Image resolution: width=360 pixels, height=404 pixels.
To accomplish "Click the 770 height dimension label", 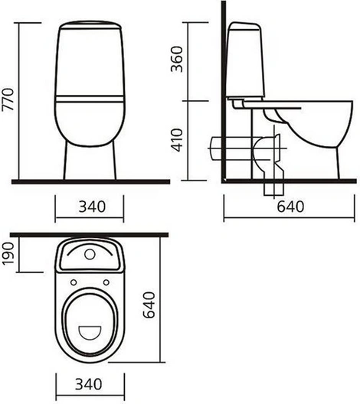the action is pyautogui.click(x=8, y=99).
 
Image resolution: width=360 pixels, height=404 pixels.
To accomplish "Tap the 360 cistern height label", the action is pyautogui.click(x=177, y=59).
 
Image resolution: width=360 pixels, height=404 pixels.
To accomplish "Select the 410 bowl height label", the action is pyautogui.click(x=177, y=140).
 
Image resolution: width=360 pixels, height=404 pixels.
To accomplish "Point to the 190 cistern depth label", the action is pyautogui.click(x=8, y=253).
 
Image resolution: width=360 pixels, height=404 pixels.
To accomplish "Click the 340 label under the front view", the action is pyautogui.click(x=92, y=207).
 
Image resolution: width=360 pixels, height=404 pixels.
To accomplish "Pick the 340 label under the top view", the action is pyautogui.click(x=88, y=384).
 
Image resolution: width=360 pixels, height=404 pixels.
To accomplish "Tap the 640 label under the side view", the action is pyautogui.click(x=290, y=207).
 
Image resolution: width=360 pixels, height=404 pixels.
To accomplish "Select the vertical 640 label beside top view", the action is pyautogui.click(x=149, y=305).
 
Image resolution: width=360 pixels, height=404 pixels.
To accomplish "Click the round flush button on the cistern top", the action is pyautogui.click(x=90, y=254).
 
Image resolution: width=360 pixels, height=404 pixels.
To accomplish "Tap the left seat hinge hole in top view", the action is pyautogui.click(x=74, y=282).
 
